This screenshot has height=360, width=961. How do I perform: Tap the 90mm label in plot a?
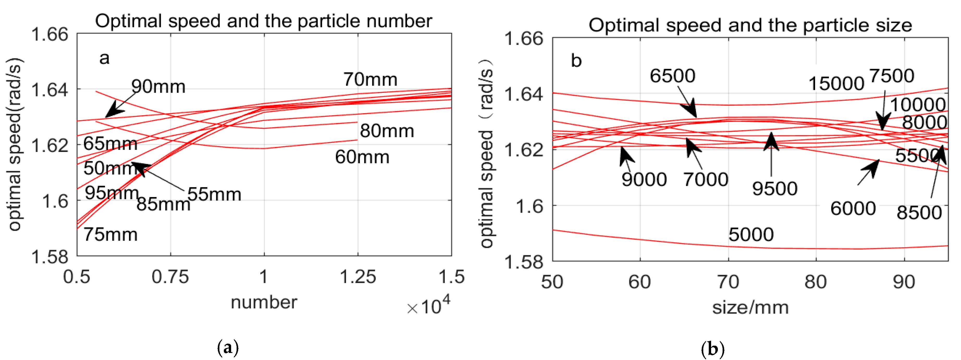158,87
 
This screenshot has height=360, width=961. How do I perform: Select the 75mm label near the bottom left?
110,235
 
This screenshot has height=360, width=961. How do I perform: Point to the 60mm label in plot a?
362,157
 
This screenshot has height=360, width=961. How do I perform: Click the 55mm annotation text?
214,194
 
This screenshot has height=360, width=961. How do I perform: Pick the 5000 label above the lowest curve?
751,235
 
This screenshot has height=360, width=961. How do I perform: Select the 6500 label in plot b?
672,76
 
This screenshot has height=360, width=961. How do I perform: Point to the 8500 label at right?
919,213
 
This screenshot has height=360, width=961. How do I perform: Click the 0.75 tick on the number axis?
170,277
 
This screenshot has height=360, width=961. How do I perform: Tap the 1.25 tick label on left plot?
358,277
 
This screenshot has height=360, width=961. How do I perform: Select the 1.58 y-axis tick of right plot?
523,262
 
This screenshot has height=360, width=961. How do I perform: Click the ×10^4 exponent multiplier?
429,306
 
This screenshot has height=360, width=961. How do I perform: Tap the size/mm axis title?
750,308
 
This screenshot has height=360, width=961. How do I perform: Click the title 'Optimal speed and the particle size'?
750,25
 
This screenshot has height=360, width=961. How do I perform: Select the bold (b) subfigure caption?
713,349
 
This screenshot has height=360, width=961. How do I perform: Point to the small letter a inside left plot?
104,58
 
